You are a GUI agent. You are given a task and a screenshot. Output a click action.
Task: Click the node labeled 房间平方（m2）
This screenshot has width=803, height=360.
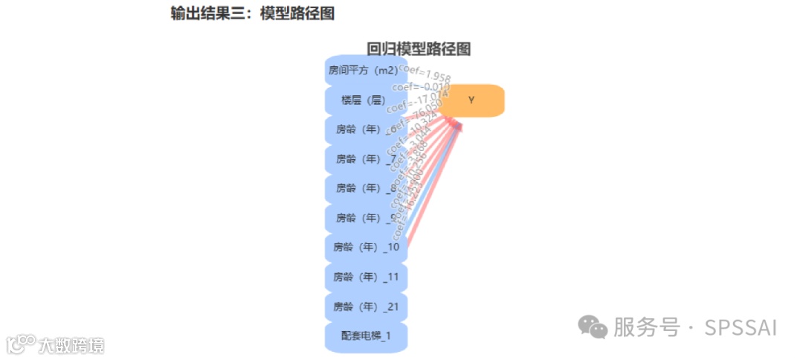(366, 71)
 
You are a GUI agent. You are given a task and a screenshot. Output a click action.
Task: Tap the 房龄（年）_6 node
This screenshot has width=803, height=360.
(364, 129)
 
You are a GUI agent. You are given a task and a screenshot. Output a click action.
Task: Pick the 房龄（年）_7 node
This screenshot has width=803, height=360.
(364, 158)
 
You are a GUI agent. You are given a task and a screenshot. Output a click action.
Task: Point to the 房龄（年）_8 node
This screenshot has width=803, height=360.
(364, 188)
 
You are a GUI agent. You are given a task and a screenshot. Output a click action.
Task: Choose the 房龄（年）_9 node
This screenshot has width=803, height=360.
(364, 217)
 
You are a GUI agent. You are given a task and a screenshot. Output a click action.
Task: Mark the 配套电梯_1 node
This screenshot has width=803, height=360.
(366, 335)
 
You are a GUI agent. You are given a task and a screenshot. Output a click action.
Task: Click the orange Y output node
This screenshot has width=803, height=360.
(471, 100)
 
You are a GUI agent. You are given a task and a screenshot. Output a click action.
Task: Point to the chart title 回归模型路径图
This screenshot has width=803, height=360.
(419, 49)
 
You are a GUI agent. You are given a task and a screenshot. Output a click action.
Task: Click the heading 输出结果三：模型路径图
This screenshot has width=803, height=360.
(253, 13)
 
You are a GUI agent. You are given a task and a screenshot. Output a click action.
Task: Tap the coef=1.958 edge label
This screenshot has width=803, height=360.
(425, 73)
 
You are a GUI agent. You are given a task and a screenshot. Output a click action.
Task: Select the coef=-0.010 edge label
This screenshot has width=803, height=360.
(420, 87)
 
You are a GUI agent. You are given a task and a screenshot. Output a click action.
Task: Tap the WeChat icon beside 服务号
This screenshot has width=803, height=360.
(593, 327)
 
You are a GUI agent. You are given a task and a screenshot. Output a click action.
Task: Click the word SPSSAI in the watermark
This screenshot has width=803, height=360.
(741, 327)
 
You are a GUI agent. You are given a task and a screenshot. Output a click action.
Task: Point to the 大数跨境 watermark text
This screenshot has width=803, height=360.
(71, 345)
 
